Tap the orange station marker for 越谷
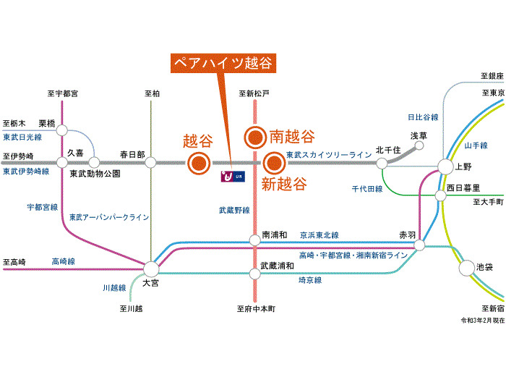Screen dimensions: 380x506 (197, 163)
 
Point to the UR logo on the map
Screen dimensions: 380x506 (233, 177)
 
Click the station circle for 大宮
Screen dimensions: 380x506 (151, 268)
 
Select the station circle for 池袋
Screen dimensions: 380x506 (466, 269)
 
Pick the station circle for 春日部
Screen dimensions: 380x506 (151, 163)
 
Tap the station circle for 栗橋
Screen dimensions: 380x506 (63, 131)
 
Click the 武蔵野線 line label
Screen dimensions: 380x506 (234, 211)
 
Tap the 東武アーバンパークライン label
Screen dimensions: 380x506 (109, 216)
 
